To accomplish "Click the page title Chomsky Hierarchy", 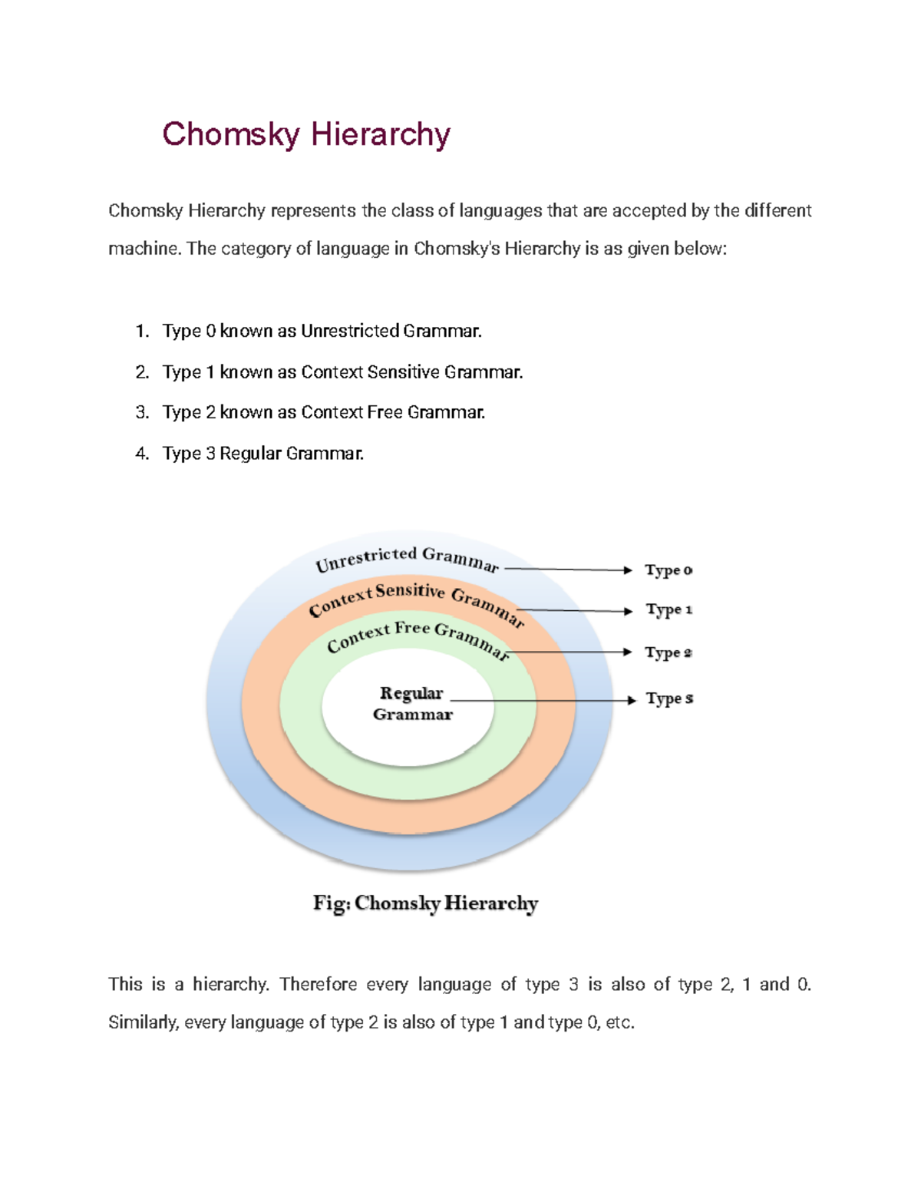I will [x=305, y=134].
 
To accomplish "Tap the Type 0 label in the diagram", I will [x=668, y=570].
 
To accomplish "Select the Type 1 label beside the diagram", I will [x=668, y=610].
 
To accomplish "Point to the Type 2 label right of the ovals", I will [x=668, y=652].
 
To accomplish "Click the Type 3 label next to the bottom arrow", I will [x=668, y=698].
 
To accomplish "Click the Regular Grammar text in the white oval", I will [x=412, y=703].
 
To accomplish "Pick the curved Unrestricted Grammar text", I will [x=407, y=559].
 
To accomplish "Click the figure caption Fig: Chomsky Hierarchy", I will [x=425, y=903].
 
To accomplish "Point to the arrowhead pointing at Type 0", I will [x=627, y=570].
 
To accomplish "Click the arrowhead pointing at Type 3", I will [x=631, y=700].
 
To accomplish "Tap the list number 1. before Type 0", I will [x=142, y=332].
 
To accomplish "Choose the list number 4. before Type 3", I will [x=142, y=454].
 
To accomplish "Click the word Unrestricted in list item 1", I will [x=350, y=332].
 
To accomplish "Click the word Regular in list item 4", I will [x=250, y=454].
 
